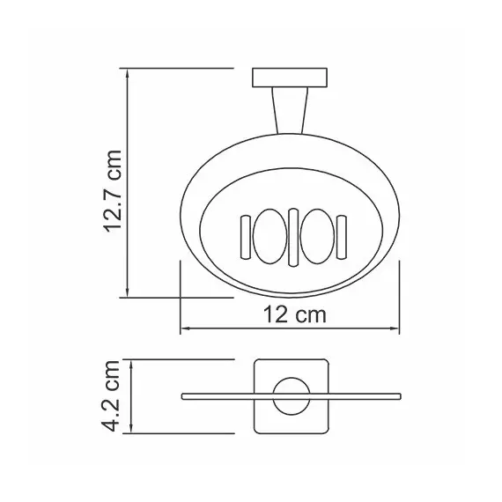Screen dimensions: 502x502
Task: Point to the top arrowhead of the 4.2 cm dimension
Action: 129,363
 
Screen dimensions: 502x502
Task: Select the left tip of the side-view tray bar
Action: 184,397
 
